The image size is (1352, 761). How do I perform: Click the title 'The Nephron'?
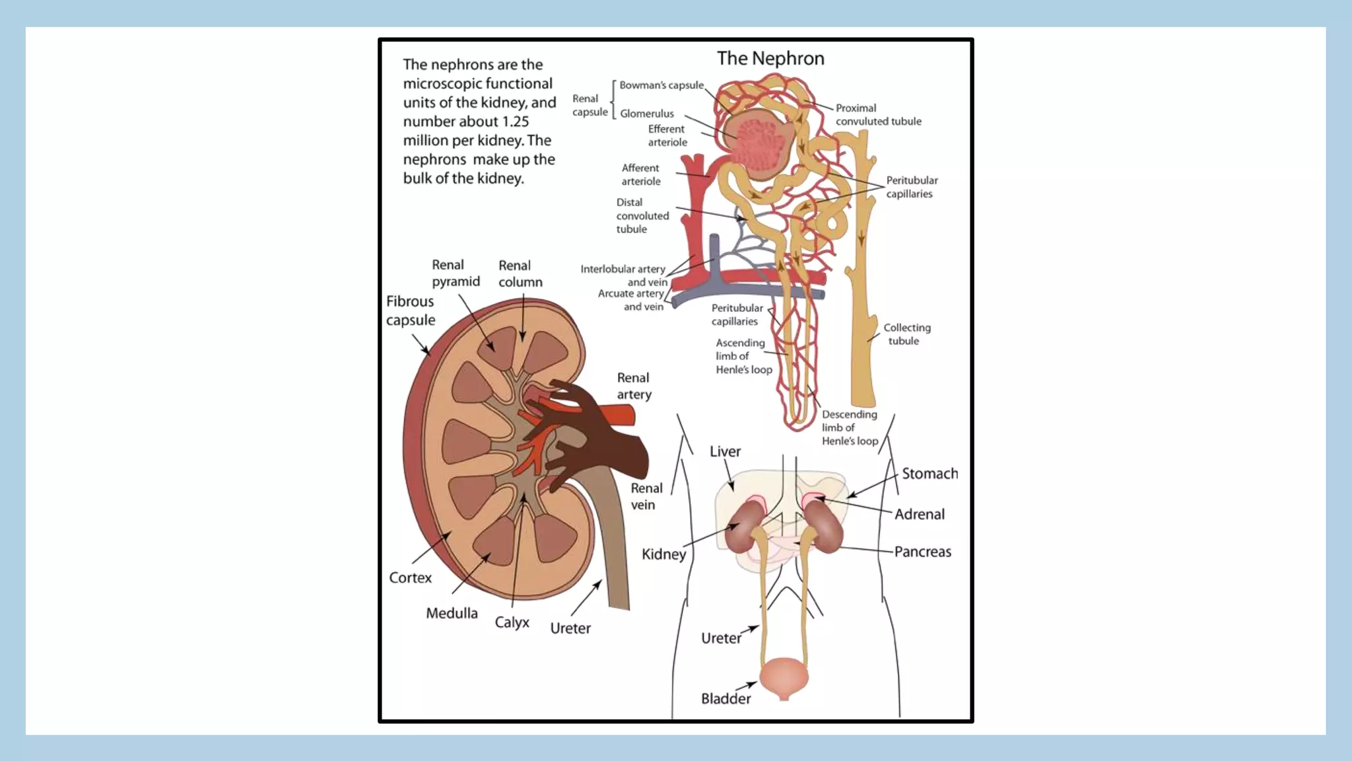pos(770,58)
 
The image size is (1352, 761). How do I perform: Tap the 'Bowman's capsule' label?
pos(661,85)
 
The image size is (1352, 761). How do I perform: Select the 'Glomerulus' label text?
pos(647,114)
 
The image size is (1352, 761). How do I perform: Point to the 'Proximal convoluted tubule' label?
pos(878,114)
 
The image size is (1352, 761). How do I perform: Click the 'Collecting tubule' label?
pos(906,334)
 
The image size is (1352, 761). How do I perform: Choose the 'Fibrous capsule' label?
pos(411,310)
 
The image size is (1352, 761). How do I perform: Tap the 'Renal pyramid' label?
pos(456,273)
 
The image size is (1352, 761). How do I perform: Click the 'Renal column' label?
pos(520,273)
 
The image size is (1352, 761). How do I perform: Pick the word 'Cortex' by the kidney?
pos(410,577)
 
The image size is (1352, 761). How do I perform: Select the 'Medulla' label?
pos(452,613)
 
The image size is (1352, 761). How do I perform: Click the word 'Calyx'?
pos(512,622)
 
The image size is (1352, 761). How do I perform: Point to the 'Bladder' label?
pos(726,698)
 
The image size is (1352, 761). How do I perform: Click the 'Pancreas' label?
pos(922,552)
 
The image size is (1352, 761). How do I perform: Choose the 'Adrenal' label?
pos(919,514)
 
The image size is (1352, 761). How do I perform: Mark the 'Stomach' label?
pos(929,474)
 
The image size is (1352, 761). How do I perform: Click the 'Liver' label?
pos(725,451)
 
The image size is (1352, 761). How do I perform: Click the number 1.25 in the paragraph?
pos(515,122)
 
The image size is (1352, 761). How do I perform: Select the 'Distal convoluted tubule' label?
pos(642,215)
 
